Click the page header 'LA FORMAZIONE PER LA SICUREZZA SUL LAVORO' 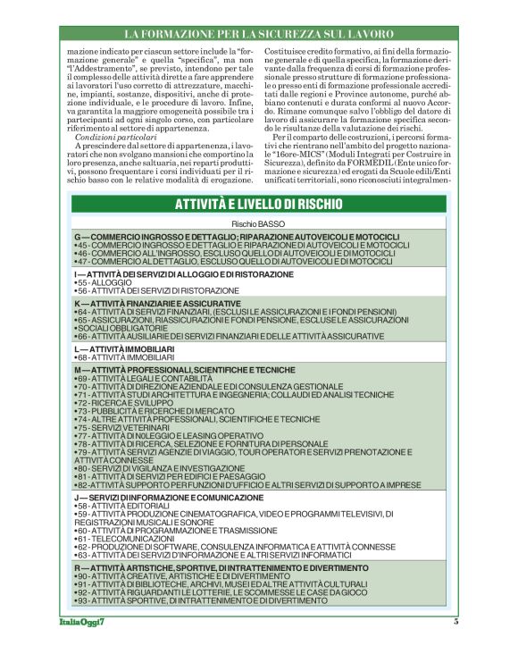click(258, 34)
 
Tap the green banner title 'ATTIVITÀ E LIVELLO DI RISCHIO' click(258, 204)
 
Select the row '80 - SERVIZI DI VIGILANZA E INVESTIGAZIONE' click(162, 468)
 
